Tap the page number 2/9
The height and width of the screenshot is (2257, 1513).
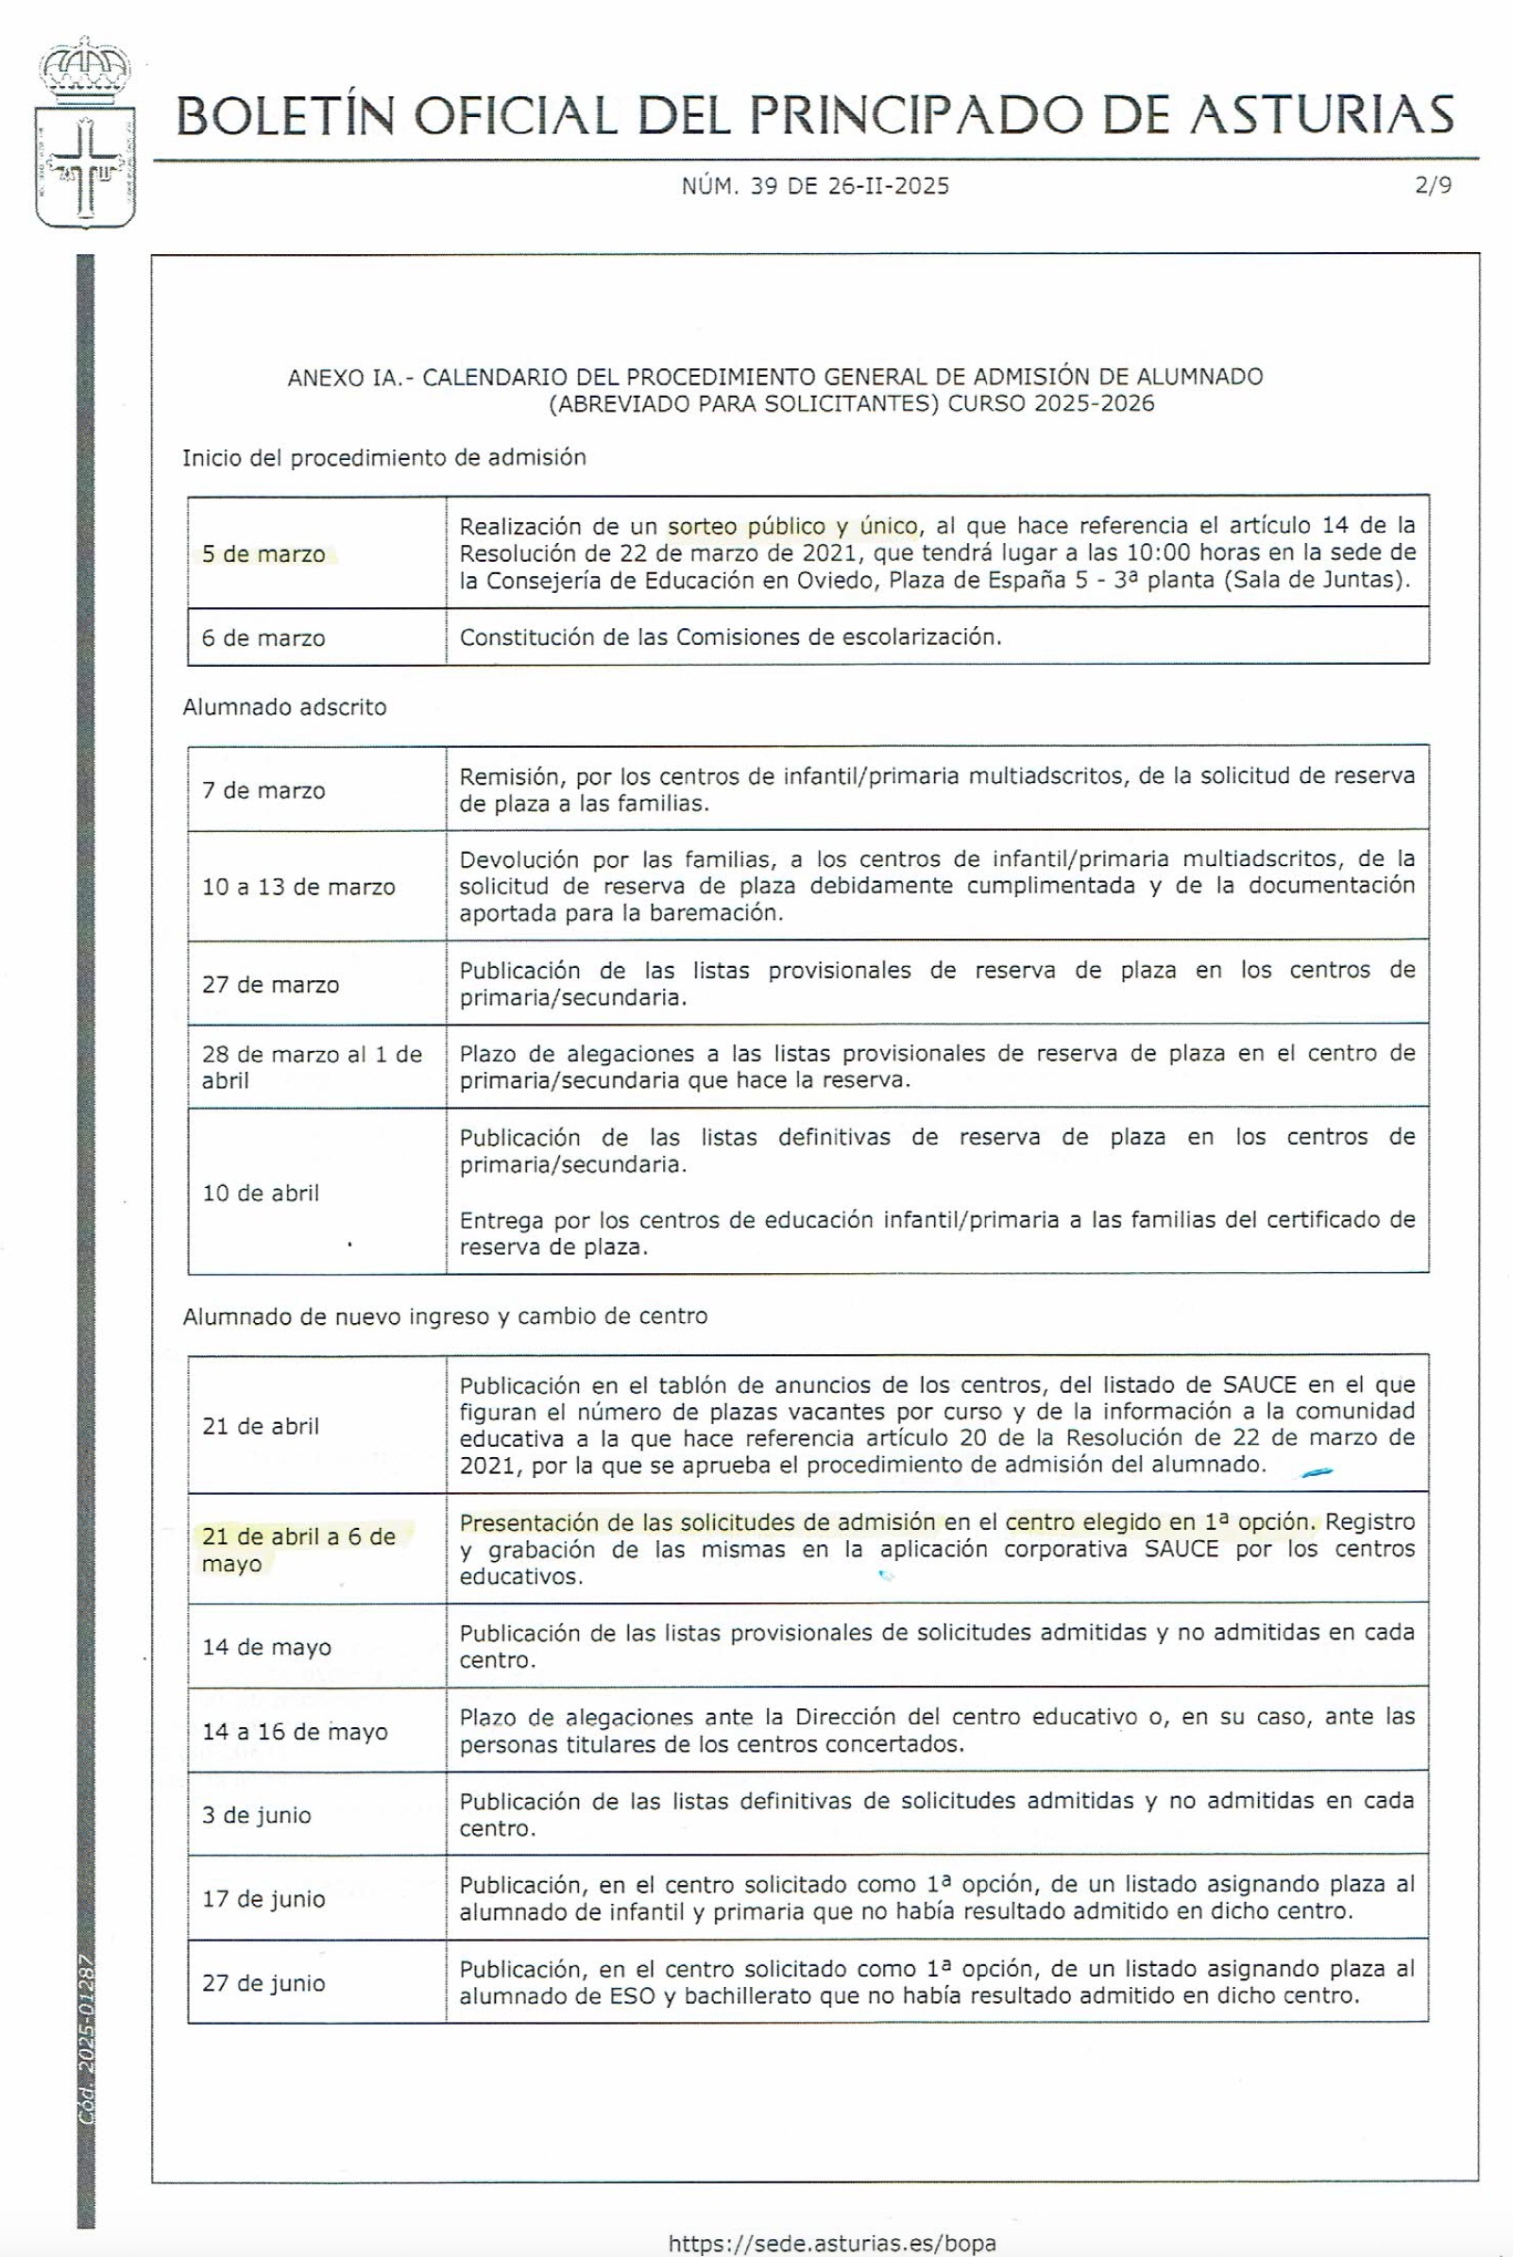click(1433, 185)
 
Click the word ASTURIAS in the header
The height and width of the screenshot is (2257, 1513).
click(1321, 115)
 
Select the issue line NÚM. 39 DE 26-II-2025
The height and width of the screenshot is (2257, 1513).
click(815, 186)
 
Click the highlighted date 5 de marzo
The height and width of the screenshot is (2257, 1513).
click(263, 554)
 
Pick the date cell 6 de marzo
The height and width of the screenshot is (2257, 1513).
click(263, 637)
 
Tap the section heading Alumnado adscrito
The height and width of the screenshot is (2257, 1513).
click(284, 707)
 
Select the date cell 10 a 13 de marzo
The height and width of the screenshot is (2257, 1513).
click(298, 887)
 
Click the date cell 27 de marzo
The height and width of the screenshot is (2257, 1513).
click(270, 984)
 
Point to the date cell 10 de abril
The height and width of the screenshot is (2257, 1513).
click(261, 1192)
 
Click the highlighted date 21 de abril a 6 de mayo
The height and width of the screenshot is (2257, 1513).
click(298, 1549)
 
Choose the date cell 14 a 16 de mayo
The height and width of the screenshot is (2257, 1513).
click(295, 1731)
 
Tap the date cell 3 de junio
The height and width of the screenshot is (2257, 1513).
click(257, 1815)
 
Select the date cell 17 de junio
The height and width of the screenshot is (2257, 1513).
click(263, 1898)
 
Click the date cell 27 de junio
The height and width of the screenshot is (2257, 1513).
click(263, 1983)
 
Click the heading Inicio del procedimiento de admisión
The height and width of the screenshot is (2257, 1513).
click(384, 457)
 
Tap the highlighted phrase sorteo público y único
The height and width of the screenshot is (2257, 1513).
click(792, 526)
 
